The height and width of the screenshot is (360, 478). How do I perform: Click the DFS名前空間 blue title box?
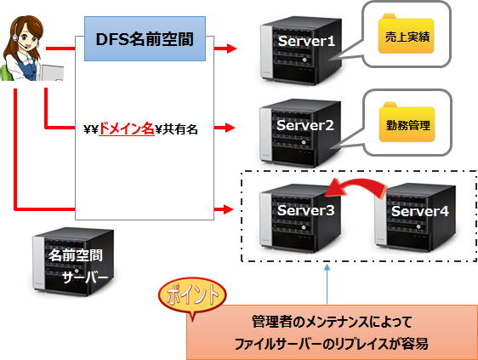[145, 39]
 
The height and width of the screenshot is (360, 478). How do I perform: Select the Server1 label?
[306, 41]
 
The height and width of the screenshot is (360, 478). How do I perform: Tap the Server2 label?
[305, 125]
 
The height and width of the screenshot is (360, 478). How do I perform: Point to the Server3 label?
[305, 210]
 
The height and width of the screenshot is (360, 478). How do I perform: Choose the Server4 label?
[420, 211]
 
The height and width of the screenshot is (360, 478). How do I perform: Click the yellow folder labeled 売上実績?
[406, 33]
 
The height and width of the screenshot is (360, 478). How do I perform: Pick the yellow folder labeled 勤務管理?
[407, 122]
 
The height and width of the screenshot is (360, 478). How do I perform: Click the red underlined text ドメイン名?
[127, 129]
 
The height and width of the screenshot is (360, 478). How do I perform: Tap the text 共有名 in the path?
[179, 129]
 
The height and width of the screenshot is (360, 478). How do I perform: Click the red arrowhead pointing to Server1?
[231, 49]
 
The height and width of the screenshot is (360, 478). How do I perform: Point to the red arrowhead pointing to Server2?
[230, 128]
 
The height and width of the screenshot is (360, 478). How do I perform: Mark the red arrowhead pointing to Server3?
[229, 209]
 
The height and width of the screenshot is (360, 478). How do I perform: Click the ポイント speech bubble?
[192, 295]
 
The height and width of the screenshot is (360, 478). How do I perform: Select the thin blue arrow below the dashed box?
[327, 284]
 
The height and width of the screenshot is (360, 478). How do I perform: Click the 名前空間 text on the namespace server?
[76, 255]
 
